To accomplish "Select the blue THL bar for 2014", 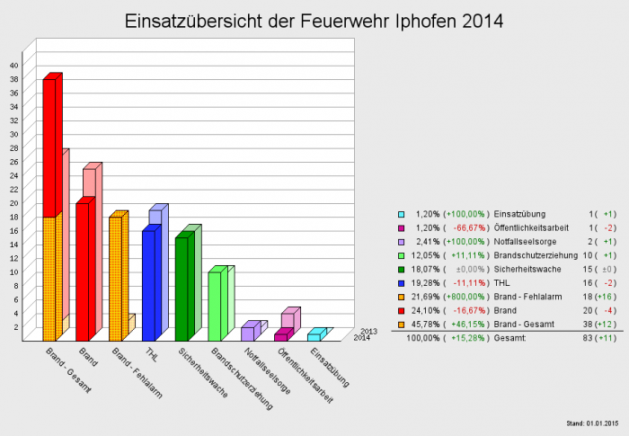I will (148, 286).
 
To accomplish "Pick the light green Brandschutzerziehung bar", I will (214, 306).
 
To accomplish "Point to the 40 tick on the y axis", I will (13, 65).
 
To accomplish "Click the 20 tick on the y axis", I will (13, 202).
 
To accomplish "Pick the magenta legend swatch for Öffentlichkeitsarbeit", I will (401, 228).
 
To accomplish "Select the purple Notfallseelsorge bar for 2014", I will (247, 334).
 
